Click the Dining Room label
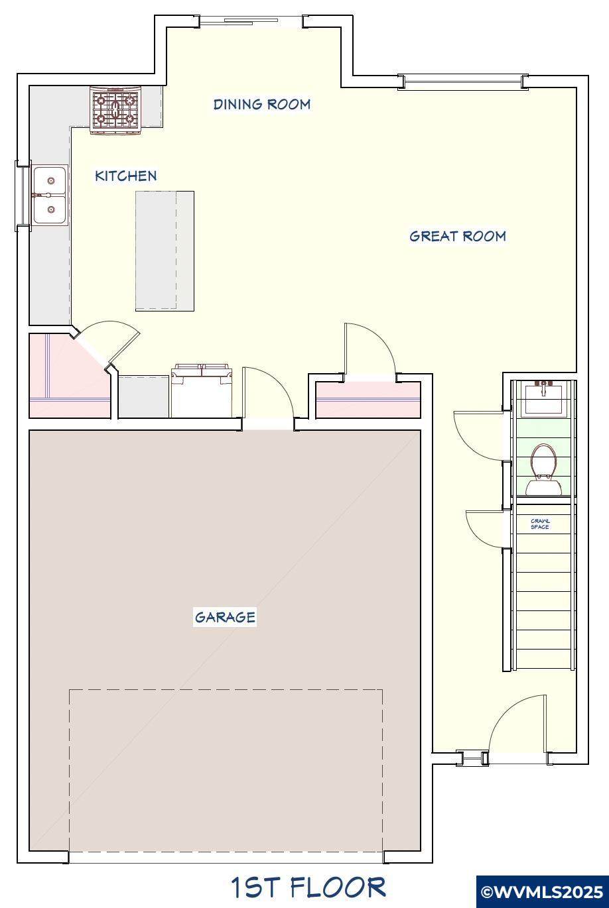(x=262, y=104)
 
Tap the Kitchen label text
(x=126, y=176)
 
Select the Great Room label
(x=458, y=236)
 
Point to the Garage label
(x=225, y=617)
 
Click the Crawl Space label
(x=540, y=524)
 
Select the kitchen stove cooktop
(x=115, y=110)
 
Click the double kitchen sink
(x=50, y=195)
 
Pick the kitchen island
(x=165, y=251)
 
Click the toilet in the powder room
(x=544, y=469)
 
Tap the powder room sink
(x=544, y=398)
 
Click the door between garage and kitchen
(x=268, y=392)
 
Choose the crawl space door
(x=485, y=530)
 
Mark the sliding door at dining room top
(x=251, y=21)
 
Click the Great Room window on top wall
(x=462, y=82)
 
